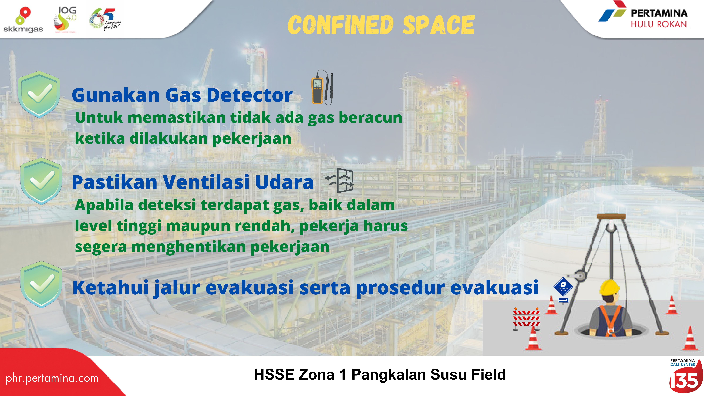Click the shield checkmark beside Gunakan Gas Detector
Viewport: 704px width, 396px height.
[x=39, y=94]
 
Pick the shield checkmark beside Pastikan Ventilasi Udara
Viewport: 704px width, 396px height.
[x=42, y=181]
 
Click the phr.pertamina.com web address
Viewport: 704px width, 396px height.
[x=52, y=378]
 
